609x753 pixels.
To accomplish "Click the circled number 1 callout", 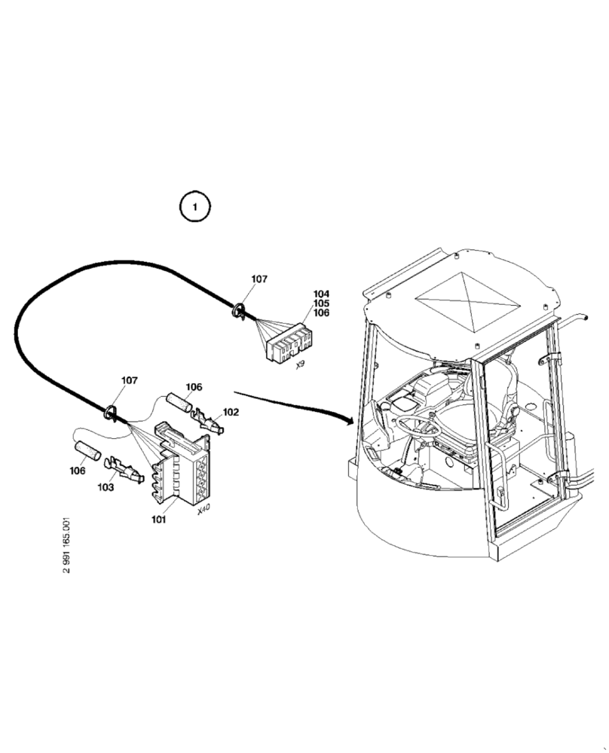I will pos(194,206).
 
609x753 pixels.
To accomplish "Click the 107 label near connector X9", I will pos(259,279).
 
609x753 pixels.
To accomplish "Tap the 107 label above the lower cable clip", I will pos(129,380).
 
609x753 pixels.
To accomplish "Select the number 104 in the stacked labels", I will pos(322,294).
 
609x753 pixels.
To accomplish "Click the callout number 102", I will pos(231,412).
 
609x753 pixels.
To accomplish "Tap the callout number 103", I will pos(106,487).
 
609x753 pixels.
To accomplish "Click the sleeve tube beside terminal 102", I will pos(179,402).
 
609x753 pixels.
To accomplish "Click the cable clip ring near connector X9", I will pos(239,309).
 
